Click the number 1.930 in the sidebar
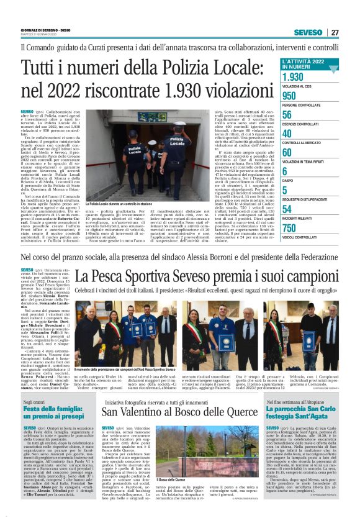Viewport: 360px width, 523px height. (293, 77)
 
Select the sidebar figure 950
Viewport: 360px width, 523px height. (289, 96)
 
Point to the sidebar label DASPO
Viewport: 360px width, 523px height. (288, 180)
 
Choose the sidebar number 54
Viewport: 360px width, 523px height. (287, 209)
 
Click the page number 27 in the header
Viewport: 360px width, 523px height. (335, 32)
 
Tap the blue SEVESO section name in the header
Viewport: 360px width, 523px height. (308, 32)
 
